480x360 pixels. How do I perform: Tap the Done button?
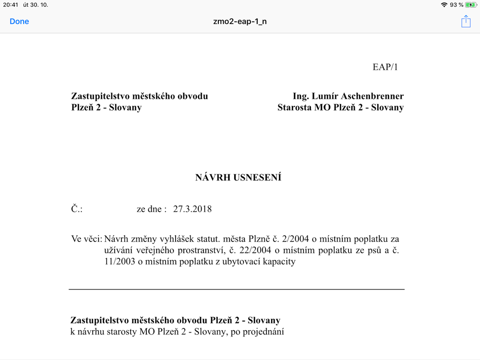(19, 22)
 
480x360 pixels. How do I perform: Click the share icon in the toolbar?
(466, 22)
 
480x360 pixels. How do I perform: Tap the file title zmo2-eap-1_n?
(240, 22)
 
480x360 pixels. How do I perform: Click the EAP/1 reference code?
(385, 67)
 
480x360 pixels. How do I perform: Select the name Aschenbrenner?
(376, 96)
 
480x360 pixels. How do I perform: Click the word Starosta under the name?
(295, 108)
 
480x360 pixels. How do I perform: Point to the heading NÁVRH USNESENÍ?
(238, 178)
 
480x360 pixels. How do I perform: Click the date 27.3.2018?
(192, 209)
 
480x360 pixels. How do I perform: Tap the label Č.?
(77, 209)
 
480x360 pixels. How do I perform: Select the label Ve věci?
(86, 239)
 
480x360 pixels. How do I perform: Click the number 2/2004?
(285, 239)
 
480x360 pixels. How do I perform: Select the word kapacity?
(278, 262)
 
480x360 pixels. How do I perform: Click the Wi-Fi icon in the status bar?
(444, 5)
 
